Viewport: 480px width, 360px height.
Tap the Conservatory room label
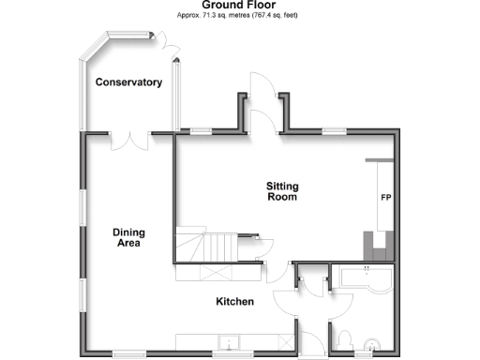128,82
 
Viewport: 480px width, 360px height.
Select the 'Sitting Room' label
282,192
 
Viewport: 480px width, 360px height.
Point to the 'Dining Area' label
127,237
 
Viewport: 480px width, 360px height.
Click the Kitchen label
234,302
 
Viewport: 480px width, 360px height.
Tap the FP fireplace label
384,199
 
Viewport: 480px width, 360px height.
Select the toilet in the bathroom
344,338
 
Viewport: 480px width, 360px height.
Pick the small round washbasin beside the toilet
375,346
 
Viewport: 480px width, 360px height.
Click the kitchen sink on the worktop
225,342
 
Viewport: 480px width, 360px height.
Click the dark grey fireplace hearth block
377,245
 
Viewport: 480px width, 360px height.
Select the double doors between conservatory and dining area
130,141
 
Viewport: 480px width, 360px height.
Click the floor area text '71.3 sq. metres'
226,16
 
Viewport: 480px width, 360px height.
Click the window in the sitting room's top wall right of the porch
333,130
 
